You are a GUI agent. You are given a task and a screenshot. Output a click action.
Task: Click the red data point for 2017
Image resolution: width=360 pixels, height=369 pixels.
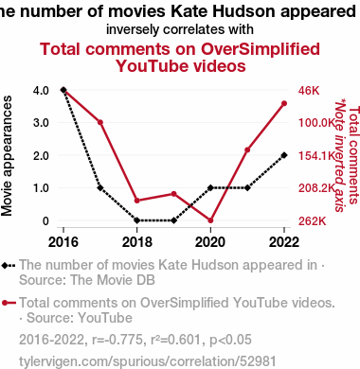[100, 122]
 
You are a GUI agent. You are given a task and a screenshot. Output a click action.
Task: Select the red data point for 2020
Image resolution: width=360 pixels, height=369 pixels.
[210, 220]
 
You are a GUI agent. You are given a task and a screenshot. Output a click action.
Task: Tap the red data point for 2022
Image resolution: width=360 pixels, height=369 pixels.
[284, 103]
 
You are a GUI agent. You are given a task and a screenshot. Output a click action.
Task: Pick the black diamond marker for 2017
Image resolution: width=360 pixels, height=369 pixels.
[100, 187]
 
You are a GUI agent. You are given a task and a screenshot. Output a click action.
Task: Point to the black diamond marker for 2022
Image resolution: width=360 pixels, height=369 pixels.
[284, 155]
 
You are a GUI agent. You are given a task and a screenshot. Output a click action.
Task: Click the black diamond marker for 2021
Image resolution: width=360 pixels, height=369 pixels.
[247, 187]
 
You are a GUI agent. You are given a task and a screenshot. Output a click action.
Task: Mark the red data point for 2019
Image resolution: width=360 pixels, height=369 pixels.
[173, 194]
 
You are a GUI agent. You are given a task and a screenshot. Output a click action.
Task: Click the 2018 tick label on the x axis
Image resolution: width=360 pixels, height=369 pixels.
[137, 242]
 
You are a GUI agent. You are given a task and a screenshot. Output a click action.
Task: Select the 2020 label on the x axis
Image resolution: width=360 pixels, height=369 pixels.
[210, 242]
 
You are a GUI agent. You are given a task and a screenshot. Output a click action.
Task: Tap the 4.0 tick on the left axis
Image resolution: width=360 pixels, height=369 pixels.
[41, 91]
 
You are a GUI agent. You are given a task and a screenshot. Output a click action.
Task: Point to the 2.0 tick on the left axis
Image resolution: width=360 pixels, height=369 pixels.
[41, 155]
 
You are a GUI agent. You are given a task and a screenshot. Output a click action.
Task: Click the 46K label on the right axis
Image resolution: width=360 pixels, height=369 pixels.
[309, 91]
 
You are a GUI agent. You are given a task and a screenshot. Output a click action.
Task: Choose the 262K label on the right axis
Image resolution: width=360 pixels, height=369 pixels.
[313, 221]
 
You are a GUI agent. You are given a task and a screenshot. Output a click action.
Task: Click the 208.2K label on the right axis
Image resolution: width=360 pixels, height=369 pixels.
[316, 188]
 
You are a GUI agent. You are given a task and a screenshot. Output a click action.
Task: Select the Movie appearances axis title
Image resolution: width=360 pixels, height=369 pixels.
[7, 156]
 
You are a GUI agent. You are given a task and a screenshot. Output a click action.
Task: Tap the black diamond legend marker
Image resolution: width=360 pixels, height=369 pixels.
[9, 266]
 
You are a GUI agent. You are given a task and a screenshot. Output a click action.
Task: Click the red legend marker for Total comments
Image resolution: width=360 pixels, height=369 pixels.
[9, 303]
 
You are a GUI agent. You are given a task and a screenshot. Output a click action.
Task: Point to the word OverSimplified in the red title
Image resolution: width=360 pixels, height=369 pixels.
[261, 49]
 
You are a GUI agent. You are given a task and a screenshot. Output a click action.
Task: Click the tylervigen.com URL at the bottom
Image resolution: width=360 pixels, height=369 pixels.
[148, 361]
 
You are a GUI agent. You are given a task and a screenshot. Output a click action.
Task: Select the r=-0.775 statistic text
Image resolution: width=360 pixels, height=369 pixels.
[117, 340]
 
